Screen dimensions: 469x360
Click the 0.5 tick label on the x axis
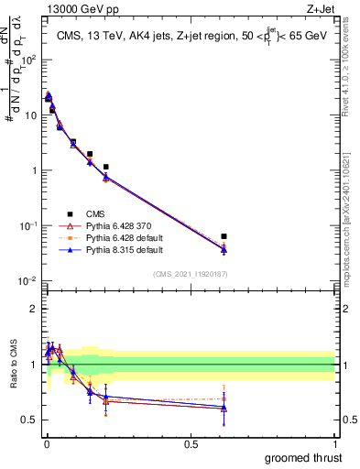[x=191, y=443]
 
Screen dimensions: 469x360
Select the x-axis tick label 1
[x=335, y=443]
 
